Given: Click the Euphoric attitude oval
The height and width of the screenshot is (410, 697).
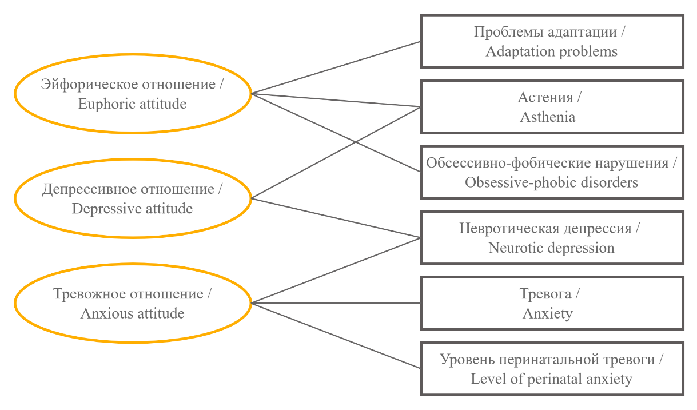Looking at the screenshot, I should pyautogui.click(x=133, y=94).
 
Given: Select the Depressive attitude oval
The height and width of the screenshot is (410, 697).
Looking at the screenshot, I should pyautogui.click(x=133, y=198).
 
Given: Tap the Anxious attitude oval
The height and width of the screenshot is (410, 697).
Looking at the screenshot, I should pyautogui.click(x=133, y=304).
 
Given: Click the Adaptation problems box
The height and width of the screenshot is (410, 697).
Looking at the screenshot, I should pyautogui.click(x=552, y=42).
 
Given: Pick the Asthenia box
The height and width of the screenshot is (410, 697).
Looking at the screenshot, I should pyautogui.click(x=552, y=107).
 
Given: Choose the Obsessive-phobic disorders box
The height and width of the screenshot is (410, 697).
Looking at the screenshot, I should pyautogui.click(x=552, y=173).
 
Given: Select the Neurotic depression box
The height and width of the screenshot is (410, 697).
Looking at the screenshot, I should pyautogui.click(x=552, y=238).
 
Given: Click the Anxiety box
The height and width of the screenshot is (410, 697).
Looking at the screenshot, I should pyautogui.click(x=552, y=304).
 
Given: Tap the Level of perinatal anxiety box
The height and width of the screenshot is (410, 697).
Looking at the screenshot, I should pyautogui.click(x=552, y=369).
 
